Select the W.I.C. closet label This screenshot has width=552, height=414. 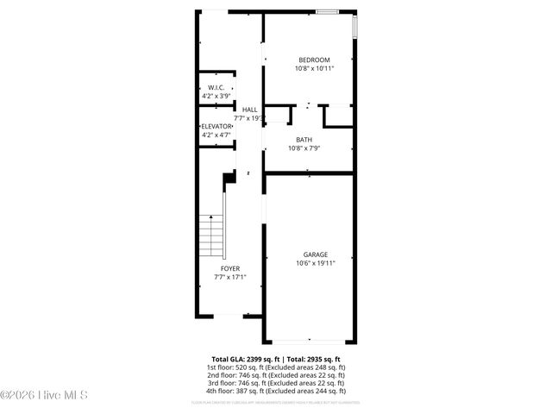[216, 88]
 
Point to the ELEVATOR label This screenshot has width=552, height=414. [216, 127]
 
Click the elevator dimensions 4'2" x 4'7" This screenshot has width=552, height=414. [216, 135]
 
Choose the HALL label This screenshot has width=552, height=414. [249, 110]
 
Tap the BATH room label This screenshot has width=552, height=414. [304, 140]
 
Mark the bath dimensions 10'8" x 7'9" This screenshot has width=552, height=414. [304, 148]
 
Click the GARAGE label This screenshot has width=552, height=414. [315, 254]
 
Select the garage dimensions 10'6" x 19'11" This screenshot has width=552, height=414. [315, 263]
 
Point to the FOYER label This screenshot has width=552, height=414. [230, 269]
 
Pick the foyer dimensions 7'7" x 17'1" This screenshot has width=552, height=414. [230, 278]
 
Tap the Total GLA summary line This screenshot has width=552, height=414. [276, 359]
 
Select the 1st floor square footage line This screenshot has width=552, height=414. [276, 367]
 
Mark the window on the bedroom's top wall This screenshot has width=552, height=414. [327, 12]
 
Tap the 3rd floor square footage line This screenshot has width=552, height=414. [276, 383]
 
